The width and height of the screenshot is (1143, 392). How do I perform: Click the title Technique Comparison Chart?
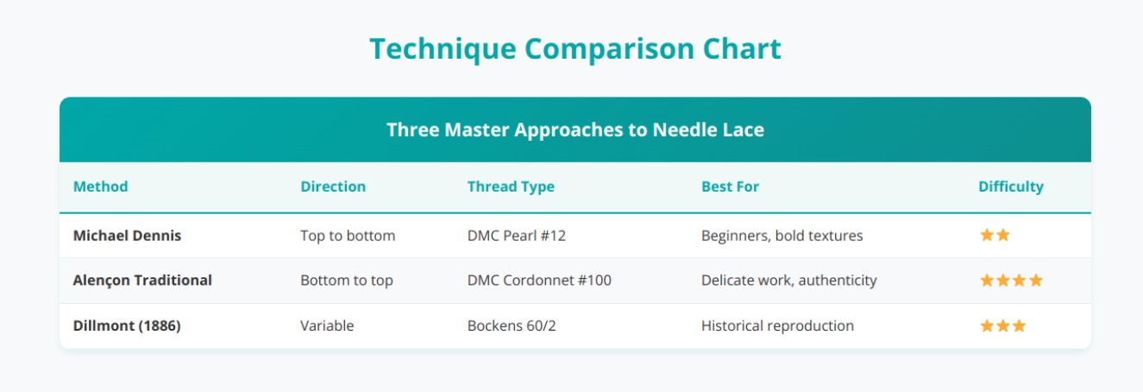pos(575,49)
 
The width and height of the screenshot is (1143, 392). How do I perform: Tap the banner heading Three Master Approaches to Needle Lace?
pos(575,130)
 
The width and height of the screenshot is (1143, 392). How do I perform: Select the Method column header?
pos(100,187)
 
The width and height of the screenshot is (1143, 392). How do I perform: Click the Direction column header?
pos(333,187)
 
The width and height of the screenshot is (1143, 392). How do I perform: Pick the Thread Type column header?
pos(511,187)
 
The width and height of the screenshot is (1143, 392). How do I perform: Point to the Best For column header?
pos(730,187)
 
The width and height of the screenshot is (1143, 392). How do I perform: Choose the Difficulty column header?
pos(1010,187)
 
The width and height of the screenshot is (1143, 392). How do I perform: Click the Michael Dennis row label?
pos(127,236)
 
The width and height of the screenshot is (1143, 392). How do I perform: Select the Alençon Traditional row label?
pos(142,281)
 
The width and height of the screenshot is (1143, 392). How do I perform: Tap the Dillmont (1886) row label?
pos(127,326)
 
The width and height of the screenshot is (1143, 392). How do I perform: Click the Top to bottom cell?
pos(348,236)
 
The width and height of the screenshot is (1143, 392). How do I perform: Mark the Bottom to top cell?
pos(348,281)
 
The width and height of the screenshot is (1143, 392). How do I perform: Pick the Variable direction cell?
pos(327,326)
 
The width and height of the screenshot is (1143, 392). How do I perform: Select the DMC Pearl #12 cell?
pos(516,236)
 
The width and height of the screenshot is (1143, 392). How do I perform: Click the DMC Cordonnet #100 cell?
pos(539,281)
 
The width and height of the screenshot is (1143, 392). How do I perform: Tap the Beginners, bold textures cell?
pos(782,236)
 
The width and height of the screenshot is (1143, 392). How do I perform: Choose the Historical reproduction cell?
pos(777,326)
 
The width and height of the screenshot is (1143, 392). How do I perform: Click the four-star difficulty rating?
pos(1011,281)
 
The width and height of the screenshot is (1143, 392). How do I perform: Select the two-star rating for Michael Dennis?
pos(995,236)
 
